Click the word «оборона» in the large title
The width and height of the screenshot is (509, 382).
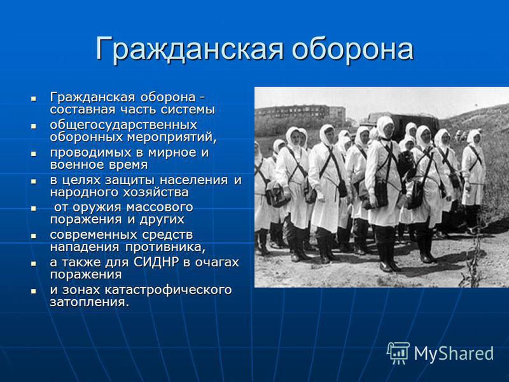pos(352,49)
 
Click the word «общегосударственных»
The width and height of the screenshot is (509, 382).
pos(123,125)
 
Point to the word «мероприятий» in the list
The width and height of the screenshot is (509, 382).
pos(171,138)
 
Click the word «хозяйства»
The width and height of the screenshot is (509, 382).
pos(155,193)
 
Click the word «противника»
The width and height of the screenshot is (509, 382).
pos(165,248)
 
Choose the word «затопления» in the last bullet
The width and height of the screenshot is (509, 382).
pos(89,302)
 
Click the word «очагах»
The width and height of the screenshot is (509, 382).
pos(217,262)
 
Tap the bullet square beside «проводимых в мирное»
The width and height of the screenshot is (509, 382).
pos(34,153)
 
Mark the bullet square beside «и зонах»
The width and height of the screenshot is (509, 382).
pos(34,291)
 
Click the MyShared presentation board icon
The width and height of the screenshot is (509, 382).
pos(398,353)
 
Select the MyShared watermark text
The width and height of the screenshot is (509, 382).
pos(454,353)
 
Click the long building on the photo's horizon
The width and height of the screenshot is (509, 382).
pos(300,112)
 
